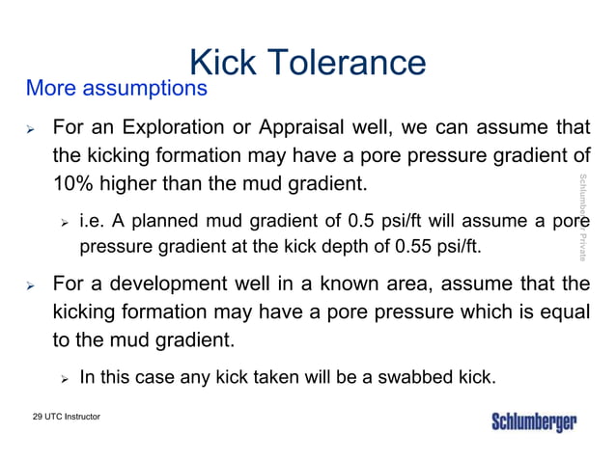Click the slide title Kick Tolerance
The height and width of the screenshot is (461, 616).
(x=307, y=63)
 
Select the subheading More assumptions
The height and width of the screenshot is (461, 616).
(x=116, y=90)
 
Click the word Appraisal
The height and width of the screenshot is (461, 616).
(x=321, y=127)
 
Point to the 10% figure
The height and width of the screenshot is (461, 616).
(x=72, y=182)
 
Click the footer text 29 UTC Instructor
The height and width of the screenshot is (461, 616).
(x=66, y=416)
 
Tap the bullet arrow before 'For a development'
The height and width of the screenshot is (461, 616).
(x=31, y=286)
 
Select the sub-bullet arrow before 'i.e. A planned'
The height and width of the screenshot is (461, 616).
(x=63, y=224)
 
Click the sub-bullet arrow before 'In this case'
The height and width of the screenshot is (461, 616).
(x=63, y=377)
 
